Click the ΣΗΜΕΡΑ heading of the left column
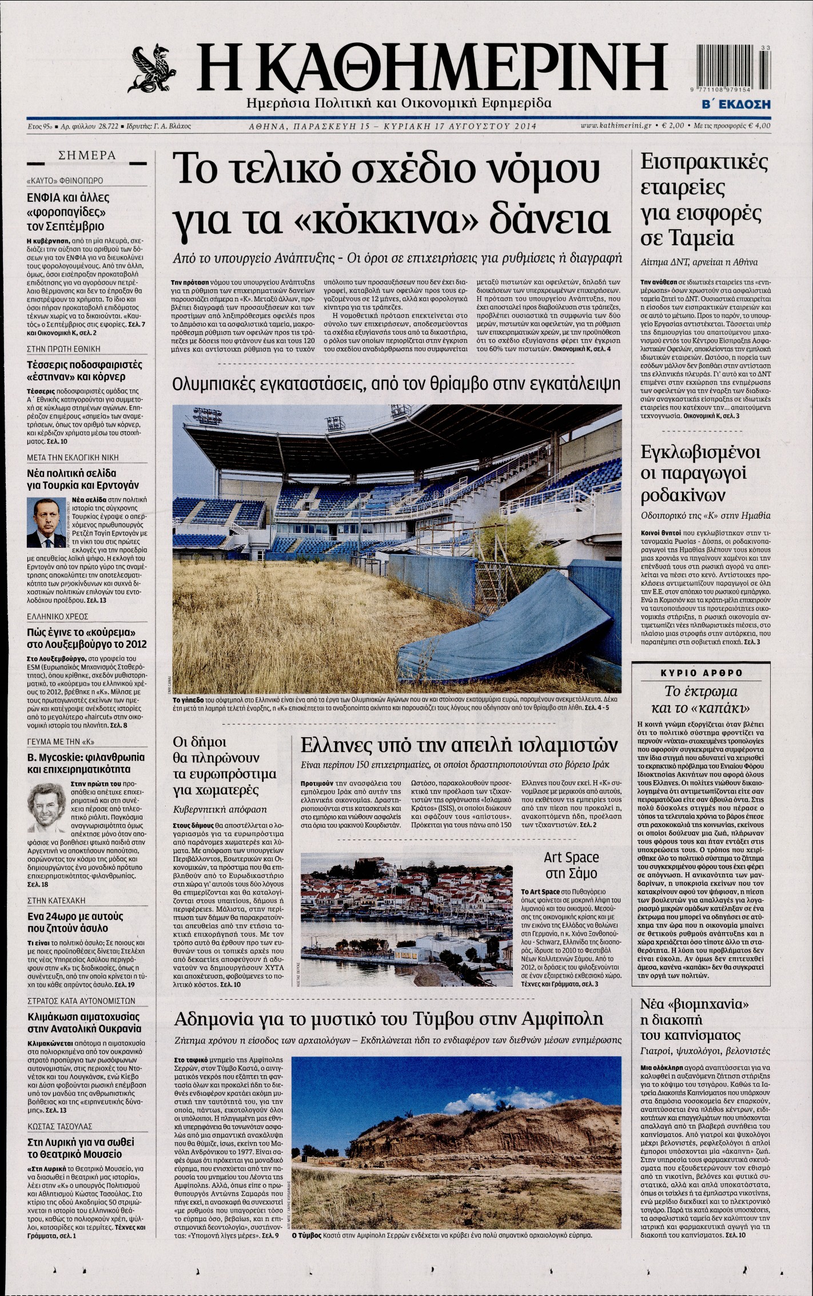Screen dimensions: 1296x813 [x=87, y=156]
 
